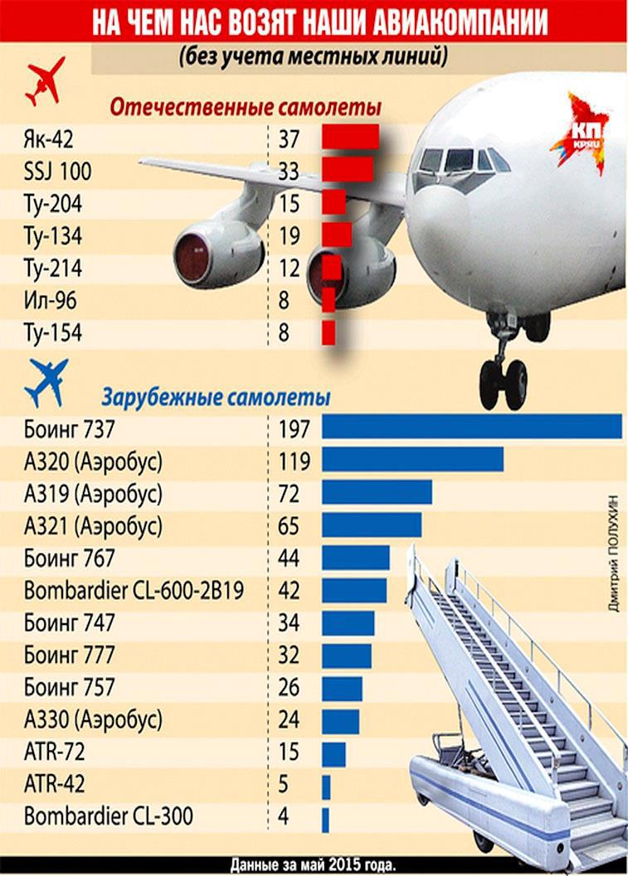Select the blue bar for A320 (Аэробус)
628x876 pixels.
(x=412, y=459)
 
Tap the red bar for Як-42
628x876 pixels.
(x=350, y=137)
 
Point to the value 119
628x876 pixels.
(x=294, y=460)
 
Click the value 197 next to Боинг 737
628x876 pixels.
(x=294, y=428)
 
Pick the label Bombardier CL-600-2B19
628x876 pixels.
(x=134, y=590)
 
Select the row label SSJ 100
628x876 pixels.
(x=58, y=172)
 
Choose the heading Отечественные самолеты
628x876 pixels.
(x=246, y=109)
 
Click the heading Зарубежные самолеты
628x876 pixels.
(x=216, y=397)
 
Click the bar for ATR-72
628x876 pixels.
(x=333, y=753)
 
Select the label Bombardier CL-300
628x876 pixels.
(x=109, y=816)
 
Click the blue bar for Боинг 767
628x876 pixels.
(x=355, y=558)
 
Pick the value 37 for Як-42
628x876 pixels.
(x=289, y=138)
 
